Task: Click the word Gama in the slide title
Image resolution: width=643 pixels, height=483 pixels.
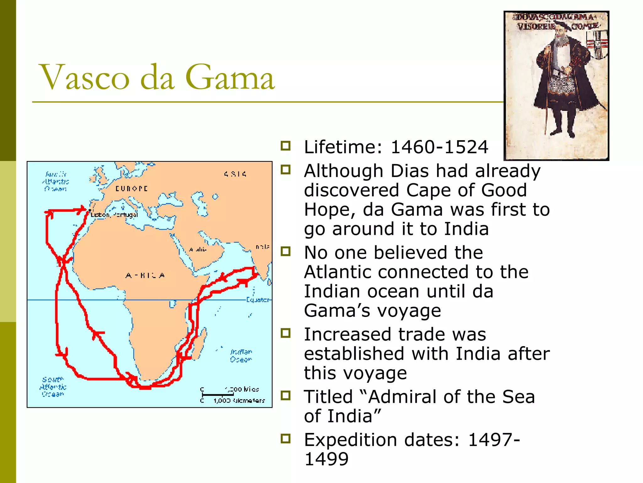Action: point(230,77)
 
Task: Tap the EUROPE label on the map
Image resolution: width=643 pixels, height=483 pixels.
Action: point(131,189)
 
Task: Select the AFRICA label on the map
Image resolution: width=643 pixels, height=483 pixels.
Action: point(145,276)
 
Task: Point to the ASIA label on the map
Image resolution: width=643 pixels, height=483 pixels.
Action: point(235,174)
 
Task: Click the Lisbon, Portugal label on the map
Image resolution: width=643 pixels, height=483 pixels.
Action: point(114,215)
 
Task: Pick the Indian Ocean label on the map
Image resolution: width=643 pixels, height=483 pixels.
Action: point(241,356)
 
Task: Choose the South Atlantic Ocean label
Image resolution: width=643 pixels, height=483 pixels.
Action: point(53,387)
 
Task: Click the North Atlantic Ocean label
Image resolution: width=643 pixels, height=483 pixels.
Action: point(56,181)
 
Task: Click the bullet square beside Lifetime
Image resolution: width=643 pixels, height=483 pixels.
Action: point(285,146)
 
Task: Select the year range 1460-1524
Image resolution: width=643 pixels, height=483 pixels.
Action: point(439,147)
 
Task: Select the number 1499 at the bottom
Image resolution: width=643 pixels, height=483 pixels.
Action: point(327,459)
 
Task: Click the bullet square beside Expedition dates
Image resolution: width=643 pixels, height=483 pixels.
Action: point(285,438)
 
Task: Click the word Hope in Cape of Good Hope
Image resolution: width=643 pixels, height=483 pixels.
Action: point(328,210)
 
